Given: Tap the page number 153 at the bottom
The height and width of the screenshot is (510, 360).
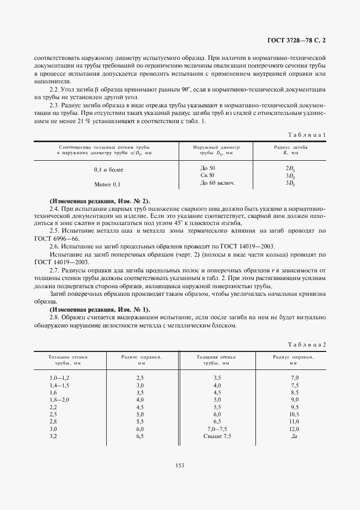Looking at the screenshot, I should click(x=180, y=465).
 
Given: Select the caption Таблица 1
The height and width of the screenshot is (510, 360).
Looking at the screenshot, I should click(x=308, y=134).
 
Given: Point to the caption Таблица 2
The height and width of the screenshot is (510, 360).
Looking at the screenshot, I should click(x=307, y=345).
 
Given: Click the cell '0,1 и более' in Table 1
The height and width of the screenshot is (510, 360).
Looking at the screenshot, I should click(x=108, y=170).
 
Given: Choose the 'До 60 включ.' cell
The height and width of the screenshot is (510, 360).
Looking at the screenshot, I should click(x=217, y=183).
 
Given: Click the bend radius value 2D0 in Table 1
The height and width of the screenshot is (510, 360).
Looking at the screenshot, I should click(x=290, y=168).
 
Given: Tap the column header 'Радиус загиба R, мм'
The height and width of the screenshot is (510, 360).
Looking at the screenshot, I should click(x=290, y=150).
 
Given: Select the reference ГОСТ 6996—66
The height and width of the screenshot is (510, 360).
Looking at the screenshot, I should click(x=56, y=239).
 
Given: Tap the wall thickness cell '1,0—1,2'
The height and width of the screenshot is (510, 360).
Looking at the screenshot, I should click(x=60, y=378).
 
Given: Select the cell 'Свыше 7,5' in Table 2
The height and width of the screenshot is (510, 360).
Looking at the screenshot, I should click(x=217, y=436).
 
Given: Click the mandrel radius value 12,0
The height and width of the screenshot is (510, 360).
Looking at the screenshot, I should click(x=294, y=429).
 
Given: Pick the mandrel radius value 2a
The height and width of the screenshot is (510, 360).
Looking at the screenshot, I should click(x=294, y=436).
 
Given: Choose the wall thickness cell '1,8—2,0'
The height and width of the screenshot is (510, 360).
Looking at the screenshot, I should click(x=60, y=400).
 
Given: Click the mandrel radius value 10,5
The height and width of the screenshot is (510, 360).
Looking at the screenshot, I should click(x=294, y=415).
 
